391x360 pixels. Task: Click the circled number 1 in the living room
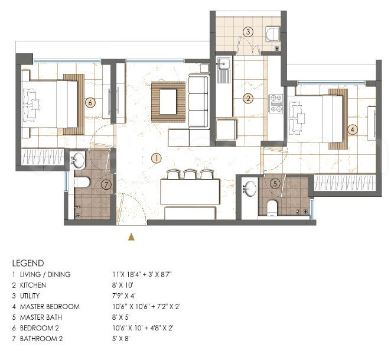tap(156, 158)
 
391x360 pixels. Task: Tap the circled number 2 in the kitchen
tap(249, 98)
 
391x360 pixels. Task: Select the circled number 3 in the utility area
tap(249, 31)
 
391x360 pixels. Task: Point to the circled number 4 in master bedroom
tap(352, 128)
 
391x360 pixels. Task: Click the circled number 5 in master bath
tap(275, 183)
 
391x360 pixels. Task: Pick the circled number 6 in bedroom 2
tap(90, 102)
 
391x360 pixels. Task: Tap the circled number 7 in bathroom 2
tap(106, 184)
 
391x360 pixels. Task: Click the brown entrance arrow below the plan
tap(132, 237)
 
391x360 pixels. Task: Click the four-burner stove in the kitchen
tap(276, 103)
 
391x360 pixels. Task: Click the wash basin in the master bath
tap(250, 190)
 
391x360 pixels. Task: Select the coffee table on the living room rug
tap(168, 100)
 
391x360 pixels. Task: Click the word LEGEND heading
tap(28, 262)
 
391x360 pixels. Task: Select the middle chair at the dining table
tap(189, 174)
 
